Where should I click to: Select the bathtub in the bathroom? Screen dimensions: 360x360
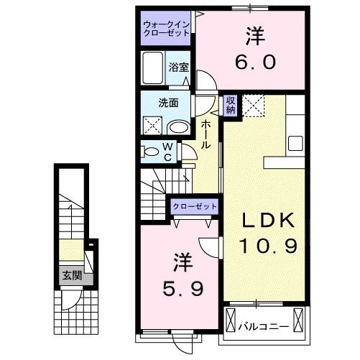154,69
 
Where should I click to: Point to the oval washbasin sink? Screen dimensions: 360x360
178,126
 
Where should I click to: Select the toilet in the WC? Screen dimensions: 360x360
152,152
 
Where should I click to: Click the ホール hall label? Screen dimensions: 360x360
206,134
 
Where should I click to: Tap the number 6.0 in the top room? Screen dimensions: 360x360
254,62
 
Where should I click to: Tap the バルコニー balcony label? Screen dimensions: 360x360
264,326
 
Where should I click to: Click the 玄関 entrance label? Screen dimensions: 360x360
70,274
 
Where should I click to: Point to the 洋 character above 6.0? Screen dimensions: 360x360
254,33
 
